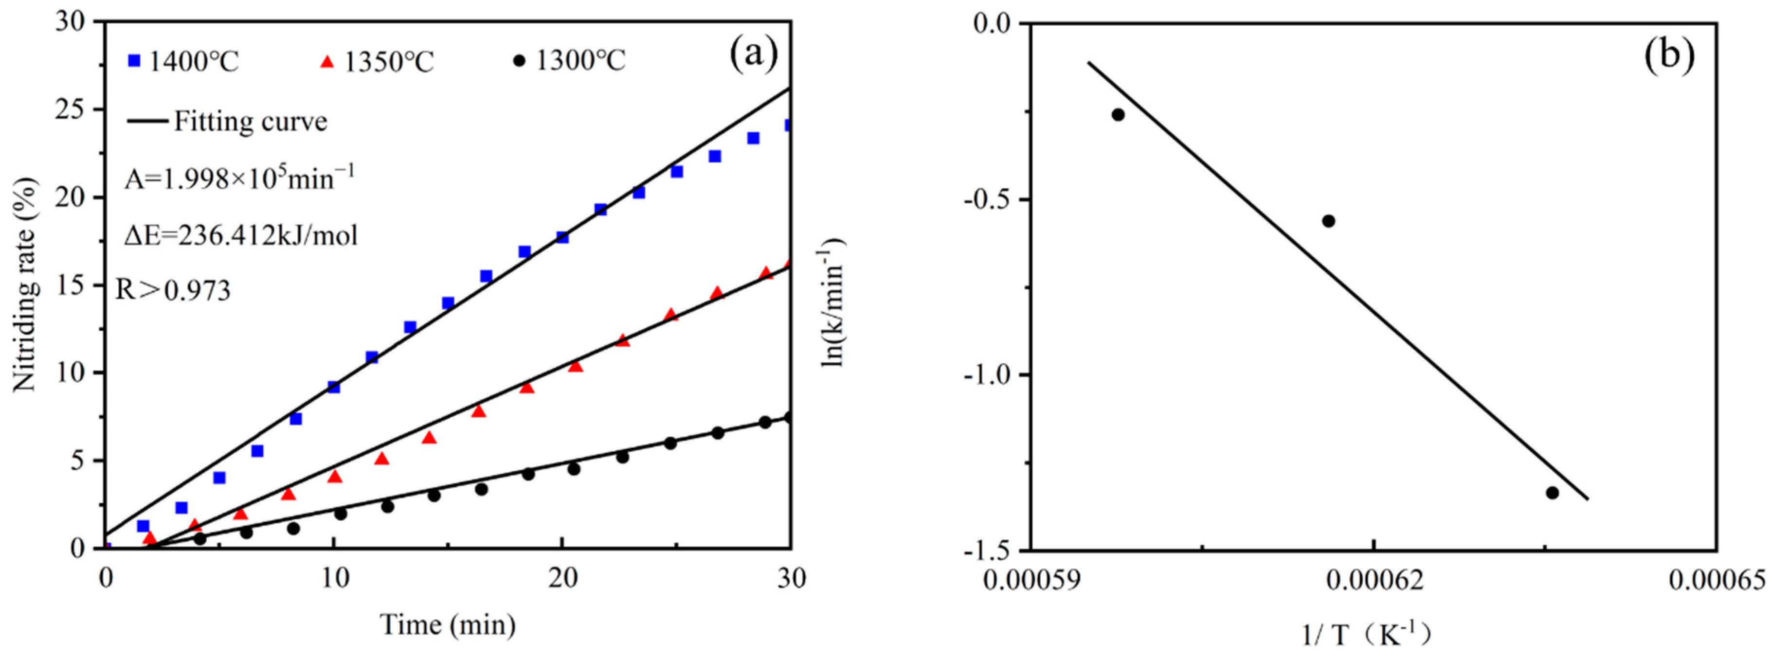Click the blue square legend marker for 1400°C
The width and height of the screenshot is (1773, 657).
(x=134, y=61)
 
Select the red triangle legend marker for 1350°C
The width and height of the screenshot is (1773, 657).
(x=327, y=62)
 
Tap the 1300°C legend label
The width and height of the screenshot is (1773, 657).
(x=580, y=61)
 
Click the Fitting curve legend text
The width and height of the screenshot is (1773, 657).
(x=251, y=122)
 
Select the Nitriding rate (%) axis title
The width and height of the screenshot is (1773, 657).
(x=25, y=285)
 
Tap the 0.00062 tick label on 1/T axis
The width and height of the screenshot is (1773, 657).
(x=1373, y=580)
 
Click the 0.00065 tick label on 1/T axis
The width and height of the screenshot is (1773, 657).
(x=1717, y=580)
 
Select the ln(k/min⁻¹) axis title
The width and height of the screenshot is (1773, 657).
(x=833, y=302)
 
